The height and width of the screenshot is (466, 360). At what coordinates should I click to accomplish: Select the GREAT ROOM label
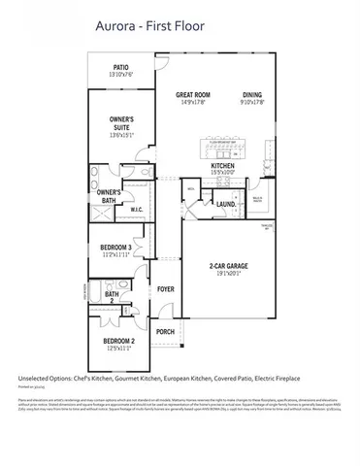(x=193, y=94)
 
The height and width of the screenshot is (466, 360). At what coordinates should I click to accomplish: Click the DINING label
(x=251, y=94)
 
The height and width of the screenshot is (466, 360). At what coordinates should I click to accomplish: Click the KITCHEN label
(x=224, y=166)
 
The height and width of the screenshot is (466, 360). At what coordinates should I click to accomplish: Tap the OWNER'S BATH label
(x=108, y=197)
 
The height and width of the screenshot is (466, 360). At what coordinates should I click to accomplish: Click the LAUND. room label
(x=225, y=204)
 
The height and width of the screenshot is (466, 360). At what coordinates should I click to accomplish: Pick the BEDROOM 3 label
(x=115, y=249)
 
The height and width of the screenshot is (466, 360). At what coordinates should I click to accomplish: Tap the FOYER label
(x=166, y=288)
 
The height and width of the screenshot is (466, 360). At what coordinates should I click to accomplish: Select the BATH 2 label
(x=112, y=297)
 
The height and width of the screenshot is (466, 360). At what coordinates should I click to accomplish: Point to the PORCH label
(x=165, y=331)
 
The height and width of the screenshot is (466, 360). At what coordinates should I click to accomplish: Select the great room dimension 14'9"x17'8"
(x=193, y=102)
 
